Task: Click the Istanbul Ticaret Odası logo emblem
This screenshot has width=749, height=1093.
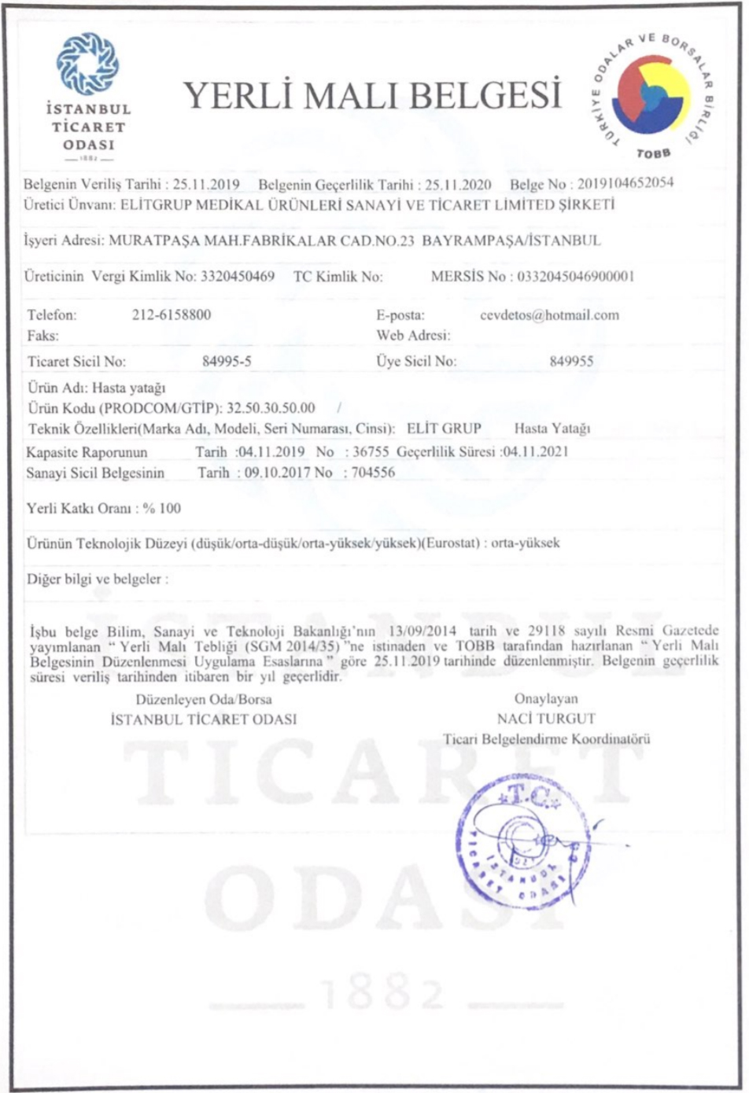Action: (87, 64)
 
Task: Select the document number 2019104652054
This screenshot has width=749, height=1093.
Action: (625, 183)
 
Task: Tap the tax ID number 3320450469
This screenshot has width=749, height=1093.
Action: (238, 276)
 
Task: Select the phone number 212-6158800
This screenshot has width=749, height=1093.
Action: (172, 315)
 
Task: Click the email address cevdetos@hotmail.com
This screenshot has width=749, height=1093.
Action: (549, 315)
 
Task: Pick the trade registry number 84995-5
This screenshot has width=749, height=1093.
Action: (227, 362)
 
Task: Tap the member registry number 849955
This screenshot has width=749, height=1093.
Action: (571, 362)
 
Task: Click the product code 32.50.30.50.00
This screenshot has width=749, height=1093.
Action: (271, 408)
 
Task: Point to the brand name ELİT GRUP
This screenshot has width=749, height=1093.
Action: (444, 429)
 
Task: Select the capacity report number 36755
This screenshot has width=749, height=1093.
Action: (371, 452)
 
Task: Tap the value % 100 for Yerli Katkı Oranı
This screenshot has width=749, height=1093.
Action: (161, 508)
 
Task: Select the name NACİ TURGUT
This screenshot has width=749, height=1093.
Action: (546, 719)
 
